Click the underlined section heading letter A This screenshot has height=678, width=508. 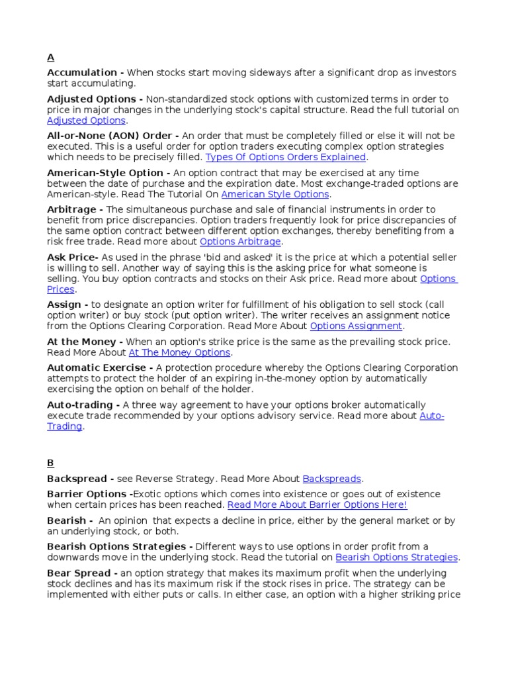(x=50, y=58)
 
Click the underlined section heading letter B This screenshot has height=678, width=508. (x=50, y=463)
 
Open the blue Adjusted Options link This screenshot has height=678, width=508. (x=86, y=121)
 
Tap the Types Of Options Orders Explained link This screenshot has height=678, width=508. (x=285, y=158)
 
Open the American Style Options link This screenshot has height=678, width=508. (x=275, y=195)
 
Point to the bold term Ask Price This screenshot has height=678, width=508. (x=72, y=257)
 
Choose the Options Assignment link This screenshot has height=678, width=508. (x=356, y=326)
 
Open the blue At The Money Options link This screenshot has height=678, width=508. (x=179, y=353)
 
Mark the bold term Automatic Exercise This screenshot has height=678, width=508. (x=97, y=367)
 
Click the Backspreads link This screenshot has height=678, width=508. (x=332, y=479)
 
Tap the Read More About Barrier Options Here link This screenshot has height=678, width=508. (x=317, y=505)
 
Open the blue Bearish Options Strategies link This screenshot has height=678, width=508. (x=397, y=557)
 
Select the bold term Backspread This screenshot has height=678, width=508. (x=76, y=479)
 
